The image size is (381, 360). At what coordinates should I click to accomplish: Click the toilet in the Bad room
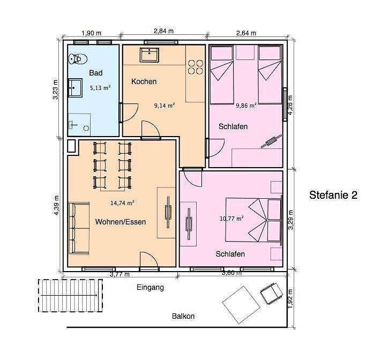78,59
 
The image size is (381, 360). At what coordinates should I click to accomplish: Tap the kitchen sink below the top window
149,55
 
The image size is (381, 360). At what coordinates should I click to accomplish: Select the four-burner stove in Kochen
196,67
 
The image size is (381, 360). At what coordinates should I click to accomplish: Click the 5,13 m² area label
100,88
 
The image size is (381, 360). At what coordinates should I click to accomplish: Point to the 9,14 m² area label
165,106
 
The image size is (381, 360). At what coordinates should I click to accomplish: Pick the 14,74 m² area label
122,203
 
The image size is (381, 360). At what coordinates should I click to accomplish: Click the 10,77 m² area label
231,219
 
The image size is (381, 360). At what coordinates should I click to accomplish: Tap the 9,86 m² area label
246,106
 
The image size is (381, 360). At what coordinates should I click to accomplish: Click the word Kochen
144,81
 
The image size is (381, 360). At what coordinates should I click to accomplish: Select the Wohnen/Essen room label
121,222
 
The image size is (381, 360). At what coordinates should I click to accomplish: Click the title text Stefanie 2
333,195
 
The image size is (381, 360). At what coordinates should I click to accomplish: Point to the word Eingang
150,288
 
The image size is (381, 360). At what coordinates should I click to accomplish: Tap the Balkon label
183,316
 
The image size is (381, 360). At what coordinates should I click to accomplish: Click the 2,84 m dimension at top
164,31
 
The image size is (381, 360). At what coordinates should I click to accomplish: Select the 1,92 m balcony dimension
290,298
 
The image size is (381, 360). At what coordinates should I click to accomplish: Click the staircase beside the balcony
70,295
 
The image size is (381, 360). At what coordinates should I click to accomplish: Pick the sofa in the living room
79,228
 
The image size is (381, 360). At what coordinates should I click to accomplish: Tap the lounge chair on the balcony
271,293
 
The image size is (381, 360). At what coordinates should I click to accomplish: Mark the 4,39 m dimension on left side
56,205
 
